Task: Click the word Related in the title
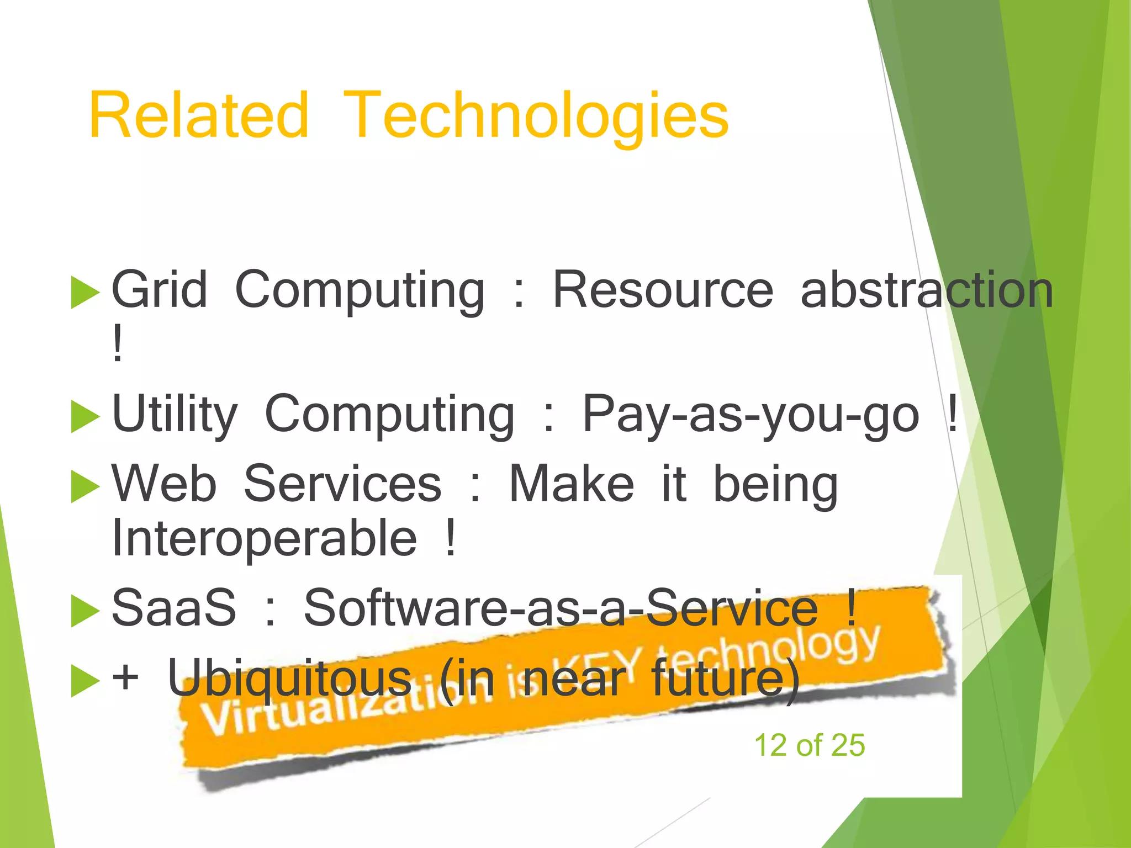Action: coord(199,116)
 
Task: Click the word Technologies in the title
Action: coord(536,119)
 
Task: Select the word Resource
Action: coord(663,290)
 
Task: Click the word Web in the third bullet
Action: coord(165,484)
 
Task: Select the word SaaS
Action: coord(174,608)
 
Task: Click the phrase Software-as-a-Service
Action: coord(561,608)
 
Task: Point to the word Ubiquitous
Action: coord(290,678)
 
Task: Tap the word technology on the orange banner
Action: coord(768,651)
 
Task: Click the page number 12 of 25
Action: coord(809,745)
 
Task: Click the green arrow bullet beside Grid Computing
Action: coord(84,293)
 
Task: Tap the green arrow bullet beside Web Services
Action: coord(84,487)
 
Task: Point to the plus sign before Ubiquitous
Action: coord(125,677)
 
